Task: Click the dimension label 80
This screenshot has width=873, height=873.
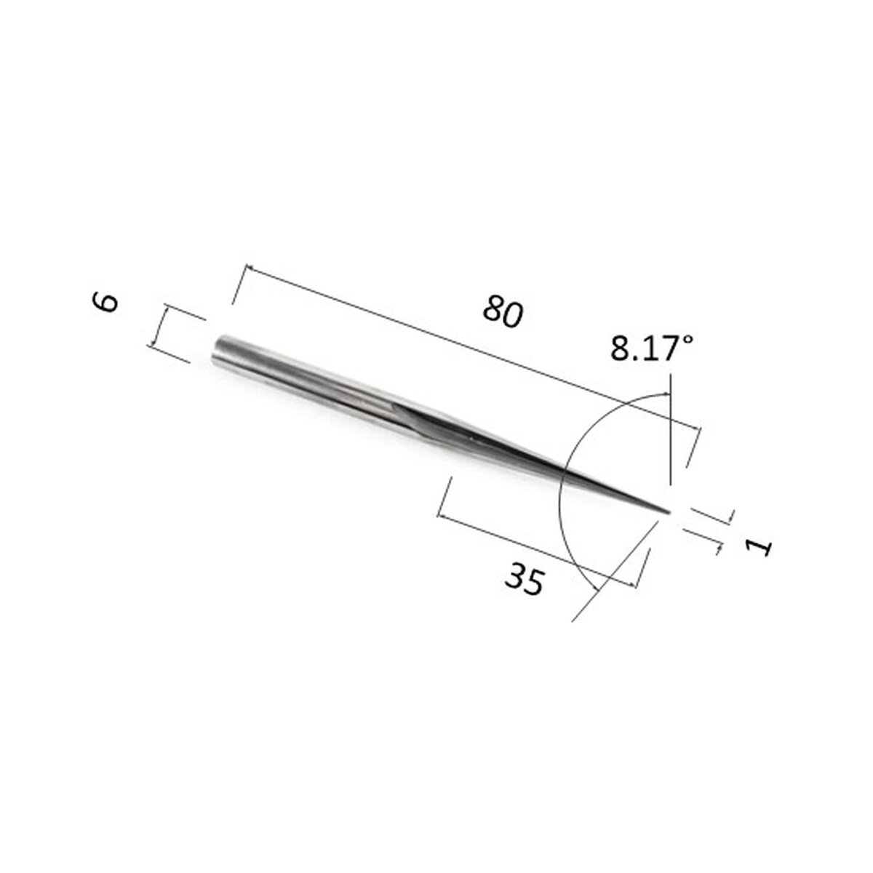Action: (503, 312)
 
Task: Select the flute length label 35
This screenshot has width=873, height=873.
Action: (525, 579)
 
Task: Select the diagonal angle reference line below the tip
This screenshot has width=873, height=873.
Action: (611, 575)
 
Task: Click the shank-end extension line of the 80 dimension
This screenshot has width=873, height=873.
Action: (239, 284)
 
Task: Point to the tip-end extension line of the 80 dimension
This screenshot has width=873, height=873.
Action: (692, 447)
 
